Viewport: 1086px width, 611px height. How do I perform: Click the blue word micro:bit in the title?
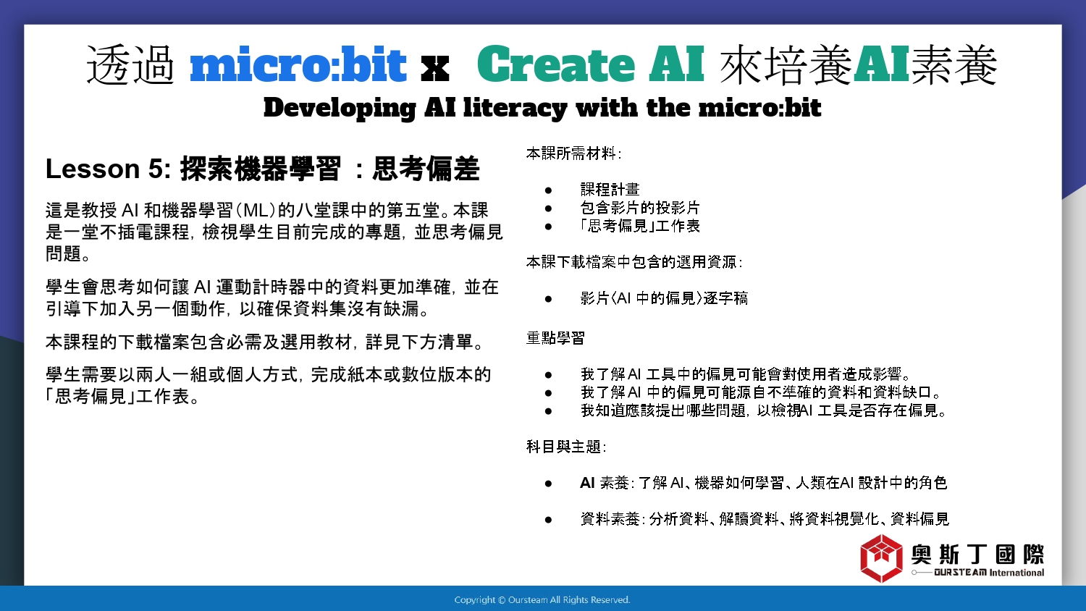tap(298, 64)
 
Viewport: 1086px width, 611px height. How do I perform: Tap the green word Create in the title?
tap(555, 64)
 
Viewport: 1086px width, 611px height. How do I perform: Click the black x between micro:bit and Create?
tap(434, 69)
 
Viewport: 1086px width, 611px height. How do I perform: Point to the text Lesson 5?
tap(108, 169)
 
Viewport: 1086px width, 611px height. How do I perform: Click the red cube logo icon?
tap(881, 558)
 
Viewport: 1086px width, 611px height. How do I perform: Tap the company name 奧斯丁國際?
tap(977, 555)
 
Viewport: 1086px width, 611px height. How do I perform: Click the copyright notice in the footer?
tap(542, 600)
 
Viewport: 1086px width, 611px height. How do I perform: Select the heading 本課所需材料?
tap(573, 153)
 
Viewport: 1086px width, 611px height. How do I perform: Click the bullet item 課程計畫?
tap(610, 189)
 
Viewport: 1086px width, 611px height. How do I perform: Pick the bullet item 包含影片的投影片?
tap(640, 208)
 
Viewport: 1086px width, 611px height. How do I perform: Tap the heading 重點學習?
tap(555, 337)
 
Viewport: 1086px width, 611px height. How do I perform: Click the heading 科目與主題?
tap(565, 446)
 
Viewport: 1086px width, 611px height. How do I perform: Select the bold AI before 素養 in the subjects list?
tap(587, 483)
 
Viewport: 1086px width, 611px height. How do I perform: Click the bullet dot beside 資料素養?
tap(548, 520)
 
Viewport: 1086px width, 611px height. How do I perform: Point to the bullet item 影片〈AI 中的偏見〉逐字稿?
tap(664, 298)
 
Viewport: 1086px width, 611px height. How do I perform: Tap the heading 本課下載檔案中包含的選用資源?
tap(634, 262)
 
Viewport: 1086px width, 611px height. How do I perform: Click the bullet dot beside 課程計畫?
tap(548, 190)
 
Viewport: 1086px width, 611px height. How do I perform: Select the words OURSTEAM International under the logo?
tap(989, 573)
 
